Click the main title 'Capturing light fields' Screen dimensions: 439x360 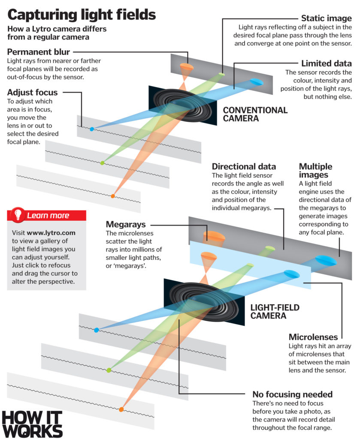(82, 15)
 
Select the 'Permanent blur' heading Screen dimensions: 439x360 (39, 52)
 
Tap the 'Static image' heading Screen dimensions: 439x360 (326, 18)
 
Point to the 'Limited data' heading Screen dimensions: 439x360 (326, 63)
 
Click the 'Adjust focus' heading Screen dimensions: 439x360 (32, 92)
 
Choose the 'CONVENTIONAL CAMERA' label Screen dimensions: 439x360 (255, 114)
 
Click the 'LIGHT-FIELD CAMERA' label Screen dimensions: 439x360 (275, 312)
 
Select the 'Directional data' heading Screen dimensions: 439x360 (244, 167)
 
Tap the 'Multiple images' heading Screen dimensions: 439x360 (315, 171)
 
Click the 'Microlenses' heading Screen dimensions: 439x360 (313, 337)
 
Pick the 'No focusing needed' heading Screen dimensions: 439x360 (292, 394)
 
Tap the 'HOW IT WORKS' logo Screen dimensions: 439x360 (32, 424)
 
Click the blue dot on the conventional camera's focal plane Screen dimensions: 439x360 (91, 129)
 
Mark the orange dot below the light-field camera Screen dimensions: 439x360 (121, 409)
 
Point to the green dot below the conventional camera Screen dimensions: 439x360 (102, 163)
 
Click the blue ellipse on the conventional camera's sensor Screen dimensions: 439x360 (256, 81)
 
